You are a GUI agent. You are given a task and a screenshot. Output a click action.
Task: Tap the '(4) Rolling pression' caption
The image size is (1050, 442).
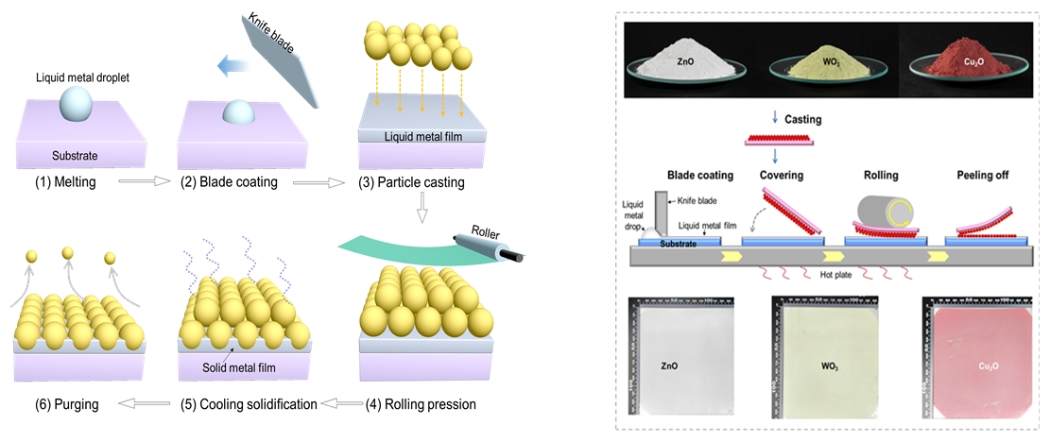click(421, 404)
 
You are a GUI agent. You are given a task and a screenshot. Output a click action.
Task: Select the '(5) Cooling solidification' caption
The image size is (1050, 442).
click(249, 404)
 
